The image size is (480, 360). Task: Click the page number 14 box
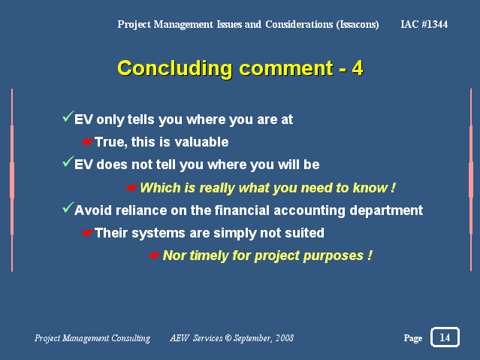[445, 337]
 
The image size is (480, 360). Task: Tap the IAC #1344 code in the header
[424, 24]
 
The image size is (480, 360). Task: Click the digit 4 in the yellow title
[358, 68]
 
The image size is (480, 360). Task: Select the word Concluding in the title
[175, 68]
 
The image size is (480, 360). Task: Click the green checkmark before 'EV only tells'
[68, 116]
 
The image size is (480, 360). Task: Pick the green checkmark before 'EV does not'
[68, 161]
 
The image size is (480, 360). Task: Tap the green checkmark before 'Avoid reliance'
[68, 207]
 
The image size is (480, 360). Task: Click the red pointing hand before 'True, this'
[88, 142]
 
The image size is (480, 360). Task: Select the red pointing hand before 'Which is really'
[132, 187]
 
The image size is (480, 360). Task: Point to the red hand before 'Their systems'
[88, 233]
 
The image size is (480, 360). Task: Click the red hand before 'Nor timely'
[154, 256]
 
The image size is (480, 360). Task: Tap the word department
[386, 211]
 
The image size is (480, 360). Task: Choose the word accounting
[309, 211]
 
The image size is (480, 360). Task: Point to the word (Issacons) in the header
[358, 25]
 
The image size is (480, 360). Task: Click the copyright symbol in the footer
[228, 337]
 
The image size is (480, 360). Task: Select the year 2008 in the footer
[285, 337]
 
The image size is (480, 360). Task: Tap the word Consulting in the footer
[131, 338]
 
